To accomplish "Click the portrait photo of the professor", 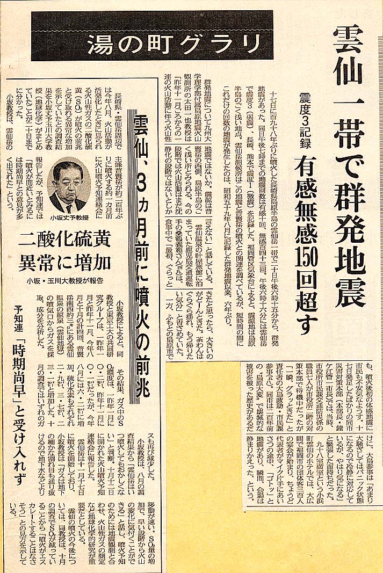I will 69,185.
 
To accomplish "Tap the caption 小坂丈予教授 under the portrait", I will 69,219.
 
